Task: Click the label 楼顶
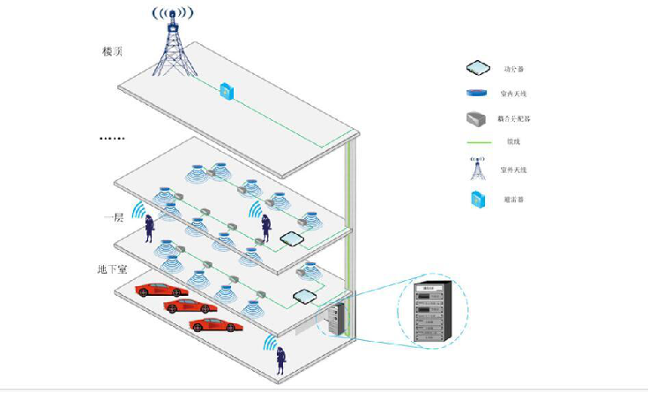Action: pyautogui.click(x=112, y=51)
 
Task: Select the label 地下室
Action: pyautogui.click(x=115, y=268)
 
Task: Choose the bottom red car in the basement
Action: pyautogui.click(x=215, y=325)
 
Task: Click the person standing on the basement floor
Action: pyautogui.click(x=280, y=358)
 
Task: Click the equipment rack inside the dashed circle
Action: pyautogui.click(x=431, y=310)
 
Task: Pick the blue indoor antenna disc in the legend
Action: pyautogui.click(x=477, y=93)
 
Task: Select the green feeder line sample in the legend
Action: pyautogui.click(x=477, y=141)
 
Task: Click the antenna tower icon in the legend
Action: pyautogui.click(x=477, y=168)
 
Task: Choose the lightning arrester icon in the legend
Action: pyautogui.click(x=477, y=199)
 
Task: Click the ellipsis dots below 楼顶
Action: pyautogui.click(x=112, y=139)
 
